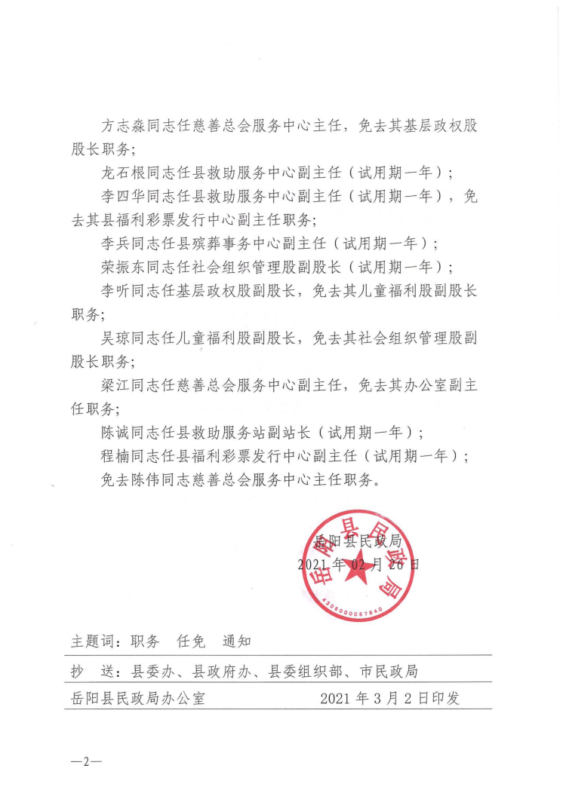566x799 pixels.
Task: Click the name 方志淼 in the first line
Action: pyautogui.click(x=123, y=126)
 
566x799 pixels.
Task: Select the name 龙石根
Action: pyautogui.click(x=123, y=173)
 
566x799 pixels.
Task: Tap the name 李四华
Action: pyautogui.click(x=123, y=196)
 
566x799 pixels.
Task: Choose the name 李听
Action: pyautogui.click(x=115, y=290)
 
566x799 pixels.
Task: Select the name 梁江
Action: pyautogui.click(x=115, y=384)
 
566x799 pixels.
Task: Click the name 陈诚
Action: pyautogui.click(x=115, y=432)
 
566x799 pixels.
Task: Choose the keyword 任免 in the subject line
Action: pyautogui.click(x=191, y=641)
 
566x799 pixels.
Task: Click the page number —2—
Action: pyautogui.click(x=85, y=760)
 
